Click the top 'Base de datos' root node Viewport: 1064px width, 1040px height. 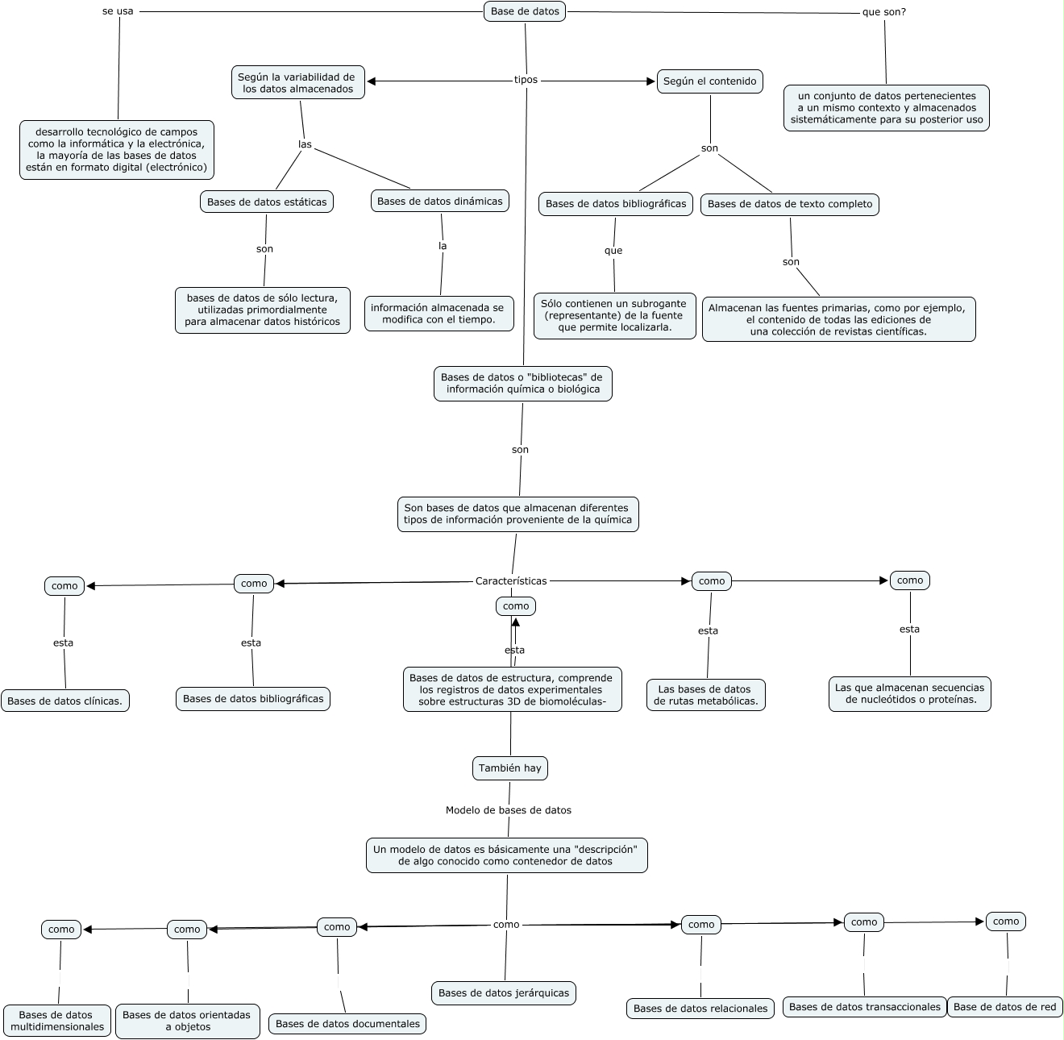pyautogui.click(x=525, y=11)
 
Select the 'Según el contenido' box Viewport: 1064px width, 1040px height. pyautogui.click(x=709, y=81)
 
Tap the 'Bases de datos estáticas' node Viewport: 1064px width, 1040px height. pyautogui.click(x=267, y=202)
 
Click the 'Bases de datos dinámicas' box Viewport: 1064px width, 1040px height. pyautogui.click(x=439, y=201)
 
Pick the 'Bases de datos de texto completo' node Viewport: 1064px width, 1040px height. pyautogui.click(x=789, y=204)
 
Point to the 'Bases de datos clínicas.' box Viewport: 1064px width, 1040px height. pyautogui.click(x=64, y=701)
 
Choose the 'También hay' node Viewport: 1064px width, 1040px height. pyautogui.click(x=509, y=768)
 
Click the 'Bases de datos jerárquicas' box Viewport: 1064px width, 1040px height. pyautogui.click(x=503, y=992)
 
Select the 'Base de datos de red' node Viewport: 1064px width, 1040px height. pyautogui.click(x=1004, y=1006)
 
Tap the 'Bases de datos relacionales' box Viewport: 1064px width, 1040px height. pyautogui.click(x=700, y=1008)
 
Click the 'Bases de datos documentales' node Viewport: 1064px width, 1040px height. pyautogui.click(x=347, y=1023)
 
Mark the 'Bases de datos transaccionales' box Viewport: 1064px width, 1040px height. pyautogui.click(x=864, y=1006)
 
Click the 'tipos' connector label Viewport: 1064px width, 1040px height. pyautogui.click(x=526, y=80)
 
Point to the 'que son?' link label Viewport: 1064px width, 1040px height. pyautogui.click(x=883, y=12)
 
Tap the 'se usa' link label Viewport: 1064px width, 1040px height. pyautogui.click(x=118, y=11)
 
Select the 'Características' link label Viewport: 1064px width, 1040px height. pyautogui.click(x=511, y=580)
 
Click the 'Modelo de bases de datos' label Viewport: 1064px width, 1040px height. pyautogui.click(x=508, y=809)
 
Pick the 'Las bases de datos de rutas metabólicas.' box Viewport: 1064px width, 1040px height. pyautogui.click(x=706, y=695)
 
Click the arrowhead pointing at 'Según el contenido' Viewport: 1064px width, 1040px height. pyautogui.click(x=651, y=81)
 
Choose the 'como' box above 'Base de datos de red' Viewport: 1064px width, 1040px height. pyautogui.click(x=1005, y=921)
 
